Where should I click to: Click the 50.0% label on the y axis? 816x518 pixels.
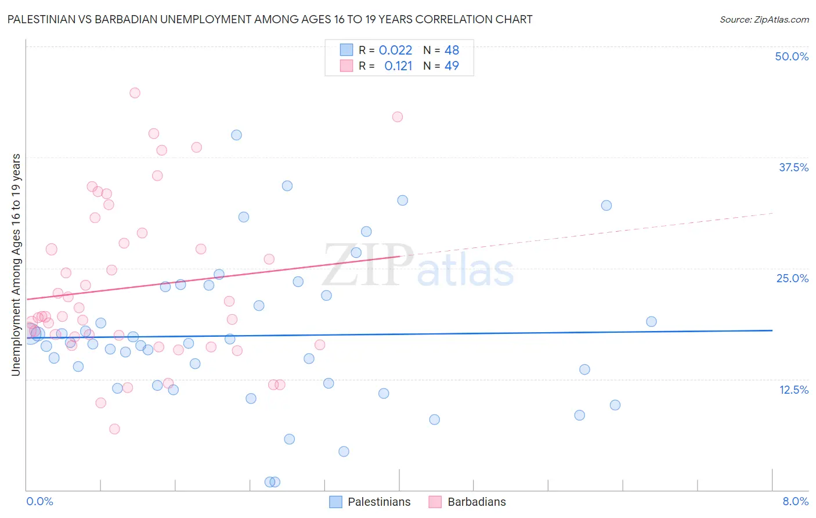coord(791,56)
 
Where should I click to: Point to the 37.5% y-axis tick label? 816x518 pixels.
coord(793,167)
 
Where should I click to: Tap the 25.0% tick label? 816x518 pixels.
coord(792,278)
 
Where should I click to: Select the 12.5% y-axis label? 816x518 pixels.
coord(793,390)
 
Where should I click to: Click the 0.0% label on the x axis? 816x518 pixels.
coord(39,501)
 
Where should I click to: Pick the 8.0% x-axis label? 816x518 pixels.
coord(795,501)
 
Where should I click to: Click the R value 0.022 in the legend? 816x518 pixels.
coord(395,50)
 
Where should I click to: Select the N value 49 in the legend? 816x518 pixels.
coord(452,66)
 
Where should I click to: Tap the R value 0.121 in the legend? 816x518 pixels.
coord(398,66)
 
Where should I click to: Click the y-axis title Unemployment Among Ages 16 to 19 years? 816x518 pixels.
coord(16,264)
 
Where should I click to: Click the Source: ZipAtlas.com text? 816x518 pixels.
coord(764,19)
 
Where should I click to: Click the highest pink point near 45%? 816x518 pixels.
coord(135,93)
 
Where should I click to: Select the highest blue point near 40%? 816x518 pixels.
coord(236,135)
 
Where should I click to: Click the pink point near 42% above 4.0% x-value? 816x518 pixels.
coord(398,117)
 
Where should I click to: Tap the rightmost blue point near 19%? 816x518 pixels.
coord(651,322)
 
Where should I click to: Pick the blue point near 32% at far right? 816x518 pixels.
coord(606,205)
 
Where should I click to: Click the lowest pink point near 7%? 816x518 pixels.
coord(114,429)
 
